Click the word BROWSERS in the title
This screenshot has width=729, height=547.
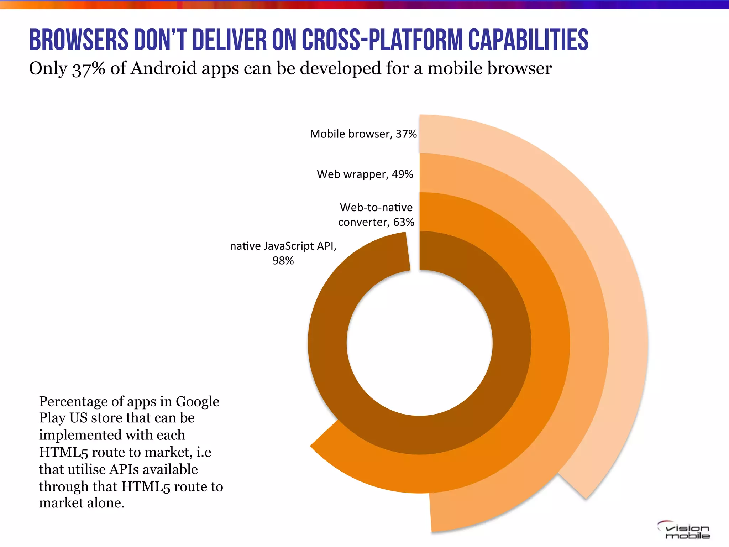[78, 40]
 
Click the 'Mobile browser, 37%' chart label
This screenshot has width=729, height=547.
[363, 134]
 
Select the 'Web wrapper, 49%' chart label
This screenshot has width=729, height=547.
[365, 174]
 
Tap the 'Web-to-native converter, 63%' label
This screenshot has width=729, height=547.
[376, 215]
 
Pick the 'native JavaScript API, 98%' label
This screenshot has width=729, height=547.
[283, 253]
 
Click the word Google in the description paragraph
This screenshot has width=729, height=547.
[197, 401]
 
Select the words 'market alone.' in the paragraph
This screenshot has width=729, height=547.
[82, 503]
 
